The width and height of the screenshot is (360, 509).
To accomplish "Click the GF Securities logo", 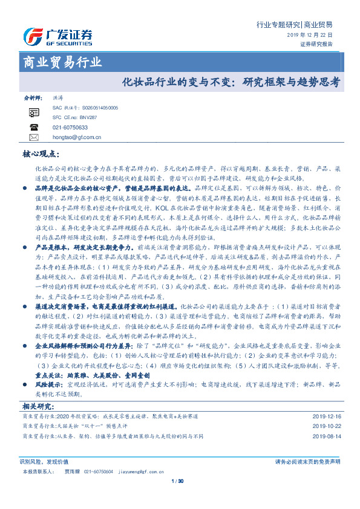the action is point(57,36).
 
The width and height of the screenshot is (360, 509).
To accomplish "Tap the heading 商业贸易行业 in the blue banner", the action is point(62,62).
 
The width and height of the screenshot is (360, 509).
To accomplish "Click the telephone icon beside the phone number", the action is point(34,128).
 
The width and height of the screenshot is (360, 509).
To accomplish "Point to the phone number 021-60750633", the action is point(70,128).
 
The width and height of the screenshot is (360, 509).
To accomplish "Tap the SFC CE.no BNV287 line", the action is point(75,117).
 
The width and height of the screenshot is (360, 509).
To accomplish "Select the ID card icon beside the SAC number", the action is point(34,112).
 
